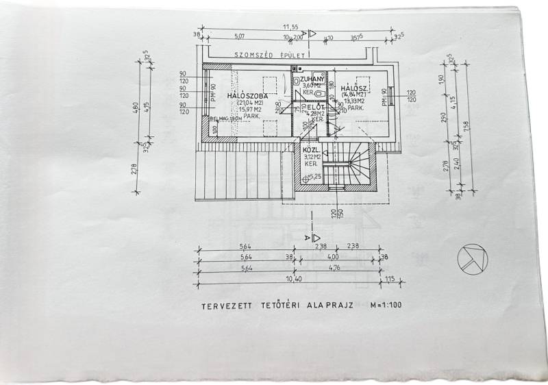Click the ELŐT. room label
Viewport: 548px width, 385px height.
point(315,108)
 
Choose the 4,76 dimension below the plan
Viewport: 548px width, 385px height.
point(333,269)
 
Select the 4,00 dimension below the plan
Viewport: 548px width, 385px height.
point(333,258)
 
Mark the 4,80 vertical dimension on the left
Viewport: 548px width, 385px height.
point(136,109)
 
